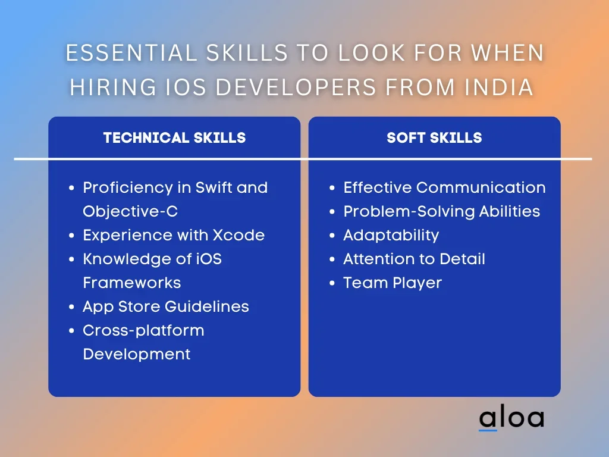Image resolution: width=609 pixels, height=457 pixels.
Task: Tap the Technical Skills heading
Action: click(174, 137)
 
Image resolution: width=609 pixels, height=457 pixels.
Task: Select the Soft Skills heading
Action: click(434, 137)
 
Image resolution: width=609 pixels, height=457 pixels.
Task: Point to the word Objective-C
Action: click(130, 211)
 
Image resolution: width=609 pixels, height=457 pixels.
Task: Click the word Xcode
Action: click(238, 235)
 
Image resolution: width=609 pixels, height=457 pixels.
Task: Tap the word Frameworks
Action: click(131, 283)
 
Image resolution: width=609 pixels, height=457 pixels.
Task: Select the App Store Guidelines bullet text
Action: click(166, 307)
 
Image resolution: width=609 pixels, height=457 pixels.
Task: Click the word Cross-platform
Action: click(143, 331)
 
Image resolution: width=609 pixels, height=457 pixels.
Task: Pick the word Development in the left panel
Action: click(136, 355)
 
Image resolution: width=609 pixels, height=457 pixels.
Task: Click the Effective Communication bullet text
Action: click(444, 187)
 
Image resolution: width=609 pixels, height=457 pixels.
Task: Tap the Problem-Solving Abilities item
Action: click(442, 211)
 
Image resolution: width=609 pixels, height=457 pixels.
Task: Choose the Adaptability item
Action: click(391, 236)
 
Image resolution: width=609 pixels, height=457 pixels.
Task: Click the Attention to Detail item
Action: click(414, 259)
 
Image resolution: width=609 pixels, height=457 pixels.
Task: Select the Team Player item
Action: click(393, 283)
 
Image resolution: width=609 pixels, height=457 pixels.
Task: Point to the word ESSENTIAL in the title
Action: click(131, 53)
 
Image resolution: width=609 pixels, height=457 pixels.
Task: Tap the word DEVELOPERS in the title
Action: click(296, 87)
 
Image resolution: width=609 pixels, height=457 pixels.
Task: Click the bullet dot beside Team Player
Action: click(332, 283)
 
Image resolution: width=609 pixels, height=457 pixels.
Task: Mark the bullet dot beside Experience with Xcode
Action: click(71, 236)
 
